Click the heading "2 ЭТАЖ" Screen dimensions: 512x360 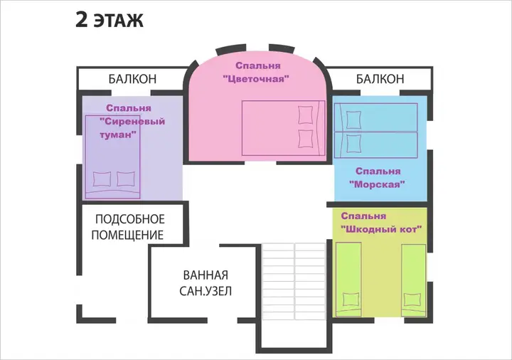coord(110,20)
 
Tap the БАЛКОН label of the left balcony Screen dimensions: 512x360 coord(132,79)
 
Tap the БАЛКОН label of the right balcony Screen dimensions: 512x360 coord(380,79)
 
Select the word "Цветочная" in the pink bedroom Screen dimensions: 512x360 coord(256,79)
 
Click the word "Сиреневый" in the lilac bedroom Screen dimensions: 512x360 coord(132,122)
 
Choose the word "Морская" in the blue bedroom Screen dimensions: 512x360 coord(377,184)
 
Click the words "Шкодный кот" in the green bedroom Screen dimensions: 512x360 coord(381,229)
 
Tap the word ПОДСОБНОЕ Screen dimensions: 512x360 coord(130,219)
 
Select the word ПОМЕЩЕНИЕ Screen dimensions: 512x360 coord(127,235)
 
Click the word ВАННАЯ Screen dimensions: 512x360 coord(206,275)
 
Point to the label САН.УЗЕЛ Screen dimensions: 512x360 coord(206,291)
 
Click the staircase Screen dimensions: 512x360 coord(294,281)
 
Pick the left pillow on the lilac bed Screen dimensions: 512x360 coord(102,179)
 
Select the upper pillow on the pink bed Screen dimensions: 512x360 coord(305,115)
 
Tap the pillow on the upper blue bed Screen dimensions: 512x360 coord(353,120)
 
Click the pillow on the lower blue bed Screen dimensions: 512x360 coord(353,144)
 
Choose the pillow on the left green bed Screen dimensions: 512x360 coord(351,300)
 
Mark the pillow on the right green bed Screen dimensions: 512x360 coord(412,300)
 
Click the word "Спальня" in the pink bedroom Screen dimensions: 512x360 coord(258,65)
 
